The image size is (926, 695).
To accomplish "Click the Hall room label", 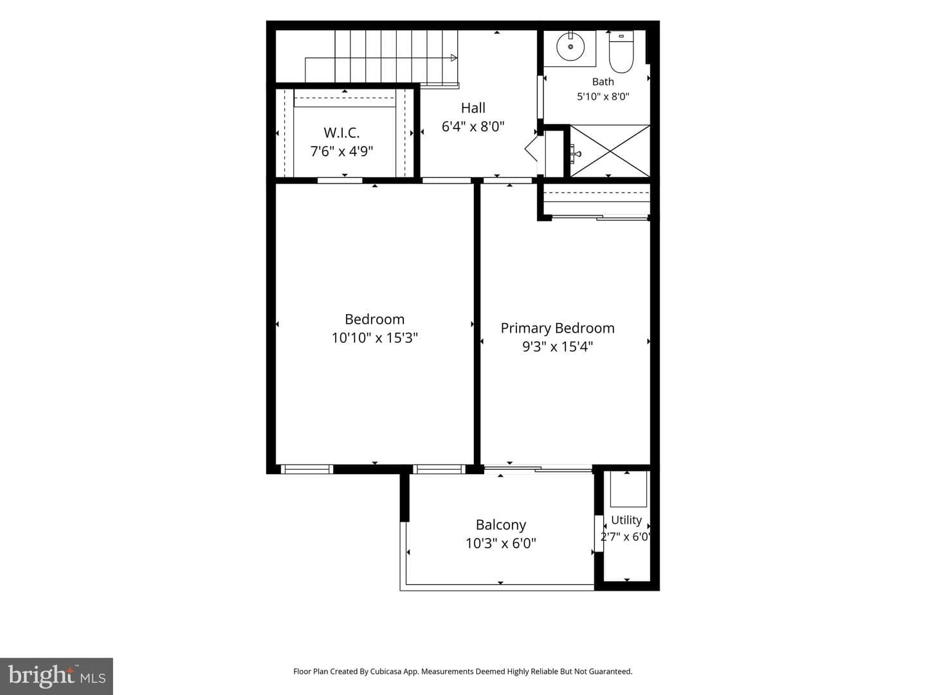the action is (x=473, y=108).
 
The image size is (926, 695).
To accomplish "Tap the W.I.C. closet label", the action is (x=341, y=133).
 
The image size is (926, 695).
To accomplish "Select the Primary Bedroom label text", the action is (x=558, y=328).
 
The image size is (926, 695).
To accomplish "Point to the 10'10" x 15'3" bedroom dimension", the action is (x=375, y=338).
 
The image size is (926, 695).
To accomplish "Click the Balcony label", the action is (x=501, y=525).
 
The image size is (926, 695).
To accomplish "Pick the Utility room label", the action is (x=626, y=521).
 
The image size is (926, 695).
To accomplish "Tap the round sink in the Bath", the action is (x=570, y=46).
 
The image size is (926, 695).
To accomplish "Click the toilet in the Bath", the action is (x=621, y=51).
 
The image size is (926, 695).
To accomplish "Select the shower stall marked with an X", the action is (x=610, y=151).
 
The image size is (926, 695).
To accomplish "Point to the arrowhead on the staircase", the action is (x=454, y=58).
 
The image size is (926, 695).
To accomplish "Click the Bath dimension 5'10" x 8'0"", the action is (x=603, y=97).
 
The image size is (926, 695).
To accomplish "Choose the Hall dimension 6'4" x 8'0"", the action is (x=473, y=127).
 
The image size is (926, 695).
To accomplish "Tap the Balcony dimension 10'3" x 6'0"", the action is (x=501, y=543).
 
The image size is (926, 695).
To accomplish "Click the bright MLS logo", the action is (x=57, y=676).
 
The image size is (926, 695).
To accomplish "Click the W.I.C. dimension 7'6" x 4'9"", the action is (x=341, y=151).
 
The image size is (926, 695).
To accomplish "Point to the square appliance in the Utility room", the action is (x=628, y=490).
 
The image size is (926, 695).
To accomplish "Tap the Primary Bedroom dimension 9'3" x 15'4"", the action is (x=558, y=347).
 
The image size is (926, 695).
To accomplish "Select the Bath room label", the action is (x=603, y=82).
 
